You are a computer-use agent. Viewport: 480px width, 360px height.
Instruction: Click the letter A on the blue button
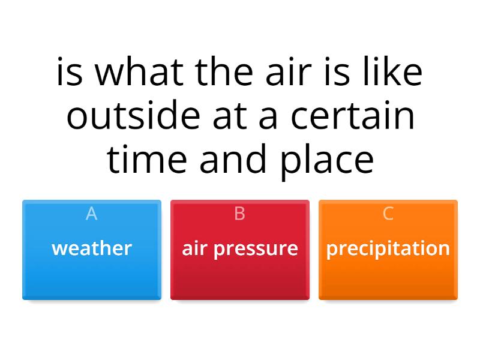(91, 214)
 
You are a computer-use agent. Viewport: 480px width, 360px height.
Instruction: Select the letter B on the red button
(239, 214)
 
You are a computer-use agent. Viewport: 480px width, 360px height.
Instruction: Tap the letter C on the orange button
(388, 214)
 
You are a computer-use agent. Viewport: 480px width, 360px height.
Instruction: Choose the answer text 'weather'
(92, 248)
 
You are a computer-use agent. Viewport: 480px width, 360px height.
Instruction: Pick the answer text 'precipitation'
(388, 248)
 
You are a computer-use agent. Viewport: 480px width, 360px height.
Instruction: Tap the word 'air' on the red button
(194, 248)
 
